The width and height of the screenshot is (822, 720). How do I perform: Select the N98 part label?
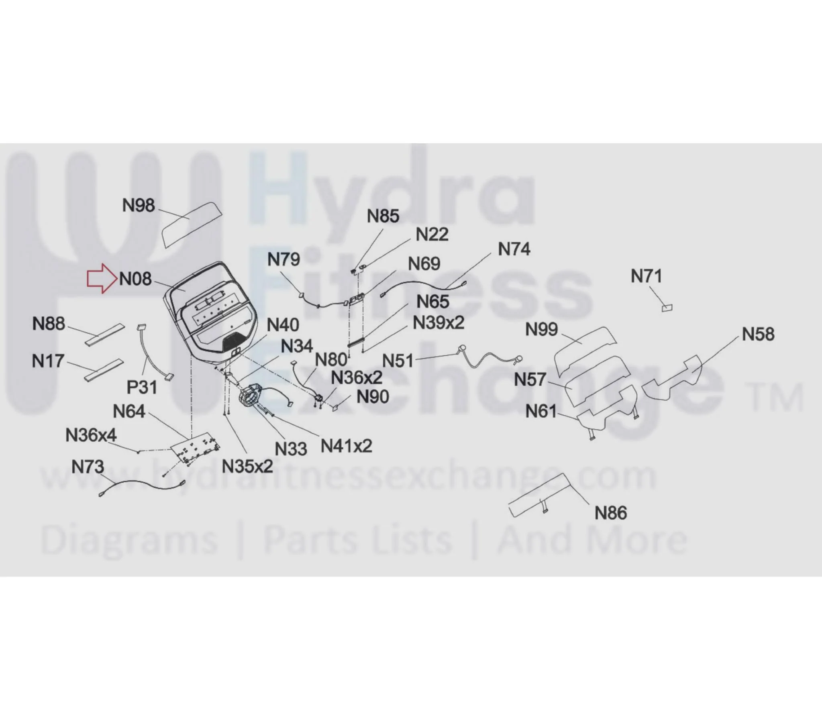[139, 205]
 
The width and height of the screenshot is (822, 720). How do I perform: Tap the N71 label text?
[647, 276]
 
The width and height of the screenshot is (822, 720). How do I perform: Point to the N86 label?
[611, 513]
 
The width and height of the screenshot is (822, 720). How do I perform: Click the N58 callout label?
[758, 334]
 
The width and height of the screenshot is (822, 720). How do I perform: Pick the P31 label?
[142, 388]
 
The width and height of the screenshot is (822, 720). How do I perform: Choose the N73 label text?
[88, 467]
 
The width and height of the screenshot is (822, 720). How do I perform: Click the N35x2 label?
[247, 467]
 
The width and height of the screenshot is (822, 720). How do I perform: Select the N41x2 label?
[346, 446]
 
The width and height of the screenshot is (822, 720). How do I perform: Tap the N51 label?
[398, 361]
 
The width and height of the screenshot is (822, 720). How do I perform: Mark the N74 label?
[514, 249]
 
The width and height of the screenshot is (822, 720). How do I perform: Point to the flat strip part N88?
[105, 335]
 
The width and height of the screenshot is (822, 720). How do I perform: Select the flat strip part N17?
[104, 370]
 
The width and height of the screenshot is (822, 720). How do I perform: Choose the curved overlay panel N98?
[192, 224]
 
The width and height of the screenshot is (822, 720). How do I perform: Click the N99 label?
[542, 329]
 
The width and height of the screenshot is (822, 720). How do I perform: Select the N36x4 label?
[91, 435]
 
